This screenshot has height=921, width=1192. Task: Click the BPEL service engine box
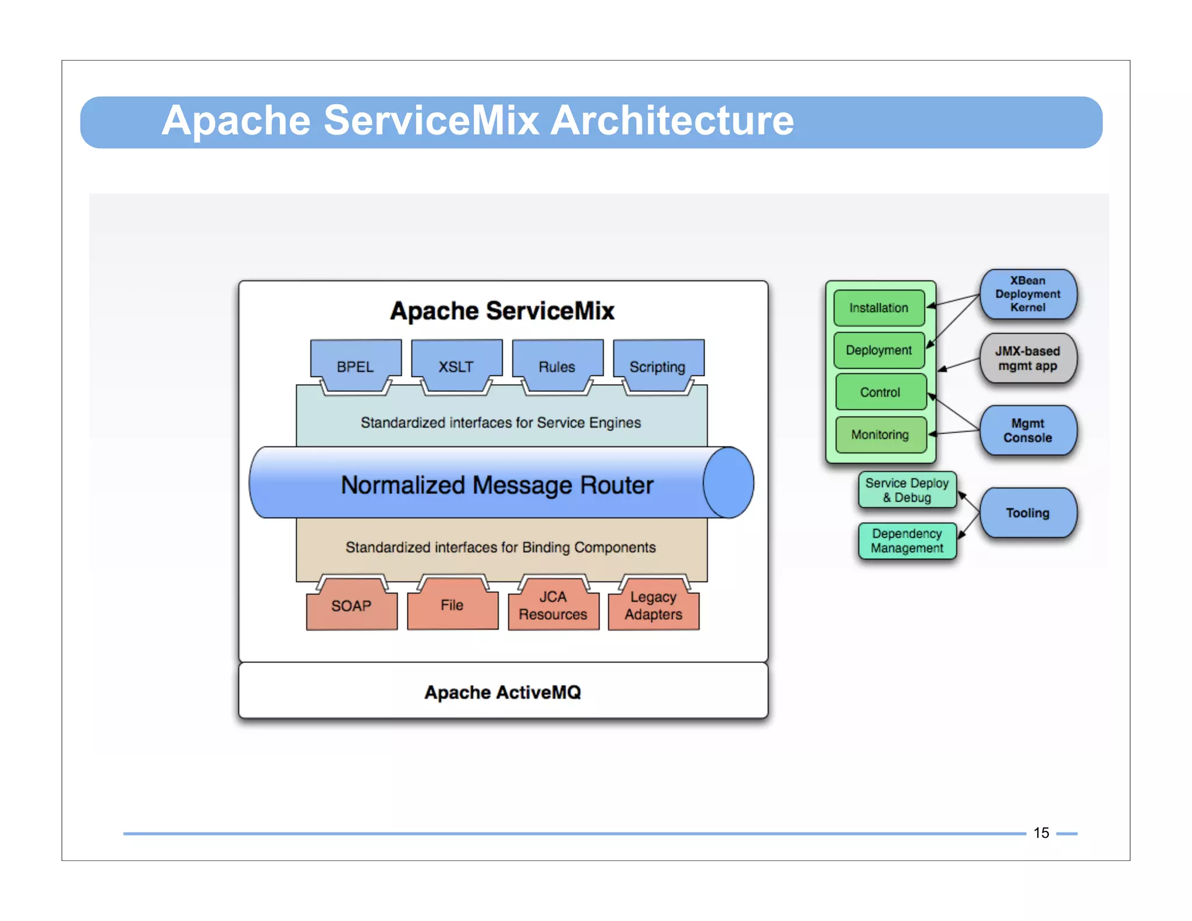click(x=355, y=366)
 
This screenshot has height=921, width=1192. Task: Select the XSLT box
click(x=456, y=366)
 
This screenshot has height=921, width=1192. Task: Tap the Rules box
click(x=557, y=366)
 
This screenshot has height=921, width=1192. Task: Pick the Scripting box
click(x=658, y=366)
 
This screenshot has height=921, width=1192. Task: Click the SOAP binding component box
click(x=352, y=606)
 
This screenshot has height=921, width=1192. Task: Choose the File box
click(x=452, y=605)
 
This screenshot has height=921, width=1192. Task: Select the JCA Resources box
click(x=553, y=606)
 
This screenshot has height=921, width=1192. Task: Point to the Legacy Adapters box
click(x=654, y=606)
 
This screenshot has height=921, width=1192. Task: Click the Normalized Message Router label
click(x=497, y=484)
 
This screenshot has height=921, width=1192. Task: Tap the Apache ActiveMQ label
click(x=503, y=692)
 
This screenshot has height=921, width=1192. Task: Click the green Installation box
click(x=879, y=308)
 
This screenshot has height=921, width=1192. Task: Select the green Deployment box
click(x=879, y=350)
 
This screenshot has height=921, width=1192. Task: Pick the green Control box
click(x=880, y=392)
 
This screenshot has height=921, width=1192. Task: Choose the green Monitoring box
click(x=880, y=434)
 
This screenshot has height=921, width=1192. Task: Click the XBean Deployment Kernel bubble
click(x=1028, y=294)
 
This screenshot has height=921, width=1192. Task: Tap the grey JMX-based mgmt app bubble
click(x=1028, y=358)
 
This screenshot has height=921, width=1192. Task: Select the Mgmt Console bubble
click(x=1028, y=430)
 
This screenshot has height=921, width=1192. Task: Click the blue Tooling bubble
click(x=1028, y=513)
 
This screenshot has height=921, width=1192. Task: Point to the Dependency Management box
click(x=907, y=541)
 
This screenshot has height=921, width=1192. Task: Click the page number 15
click(x=1041, y=833)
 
